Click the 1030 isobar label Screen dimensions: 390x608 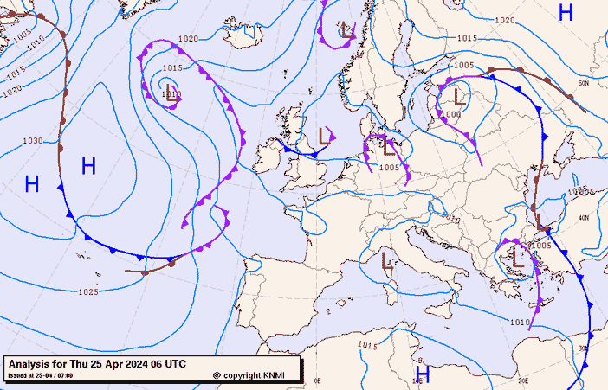pos(33,140)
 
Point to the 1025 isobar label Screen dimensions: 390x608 pos(87,292)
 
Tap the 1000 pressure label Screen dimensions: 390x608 pos(451,114)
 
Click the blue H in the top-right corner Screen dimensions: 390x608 pos(566,12)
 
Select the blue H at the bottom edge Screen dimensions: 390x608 pos(422,374)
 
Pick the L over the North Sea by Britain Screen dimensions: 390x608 pos(326,136)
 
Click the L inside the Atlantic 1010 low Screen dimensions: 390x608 pos(171,97)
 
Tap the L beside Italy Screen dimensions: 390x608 pos(385,259)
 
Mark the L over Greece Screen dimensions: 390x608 pos(517,258)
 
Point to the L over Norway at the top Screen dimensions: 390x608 pos(346,29)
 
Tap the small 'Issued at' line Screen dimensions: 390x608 pos(40,375)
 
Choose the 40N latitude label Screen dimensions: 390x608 pos(585,218)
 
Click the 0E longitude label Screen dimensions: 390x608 pos(317,380)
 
